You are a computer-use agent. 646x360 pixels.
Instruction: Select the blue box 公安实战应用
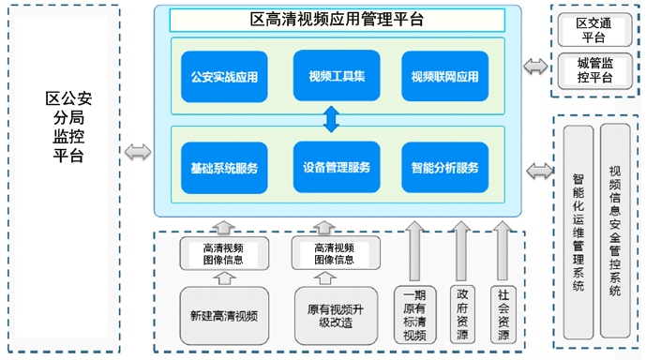(223, 77)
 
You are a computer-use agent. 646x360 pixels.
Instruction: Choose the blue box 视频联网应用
(444, 77)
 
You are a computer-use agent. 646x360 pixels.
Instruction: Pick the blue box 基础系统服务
(223, 168)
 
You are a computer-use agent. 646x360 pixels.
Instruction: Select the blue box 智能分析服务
(444, 168)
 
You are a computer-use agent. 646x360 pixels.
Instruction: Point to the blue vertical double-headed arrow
(330, 120)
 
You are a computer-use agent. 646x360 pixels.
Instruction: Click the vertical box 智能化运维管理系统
(578, 231)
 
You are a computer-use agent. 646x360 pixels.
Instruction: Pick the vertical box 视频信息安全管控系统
(615, 231)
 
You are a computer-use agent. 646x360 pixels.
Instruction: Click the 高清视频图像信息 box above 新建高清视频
(224, 253)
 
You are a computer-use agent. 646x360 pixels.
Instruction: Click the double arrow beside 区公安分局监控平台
(138, 151)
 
